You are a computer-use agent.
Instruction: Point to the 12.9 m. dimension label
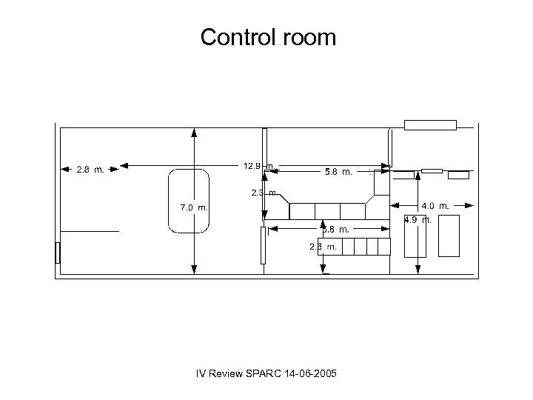[258, 166]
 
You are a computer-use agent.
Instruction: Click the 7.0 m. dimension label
[194, 207]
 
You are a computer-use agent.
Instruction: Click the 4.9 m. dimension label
[418, 220]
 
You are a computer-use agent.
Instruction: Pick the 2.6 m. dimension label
[324, 246]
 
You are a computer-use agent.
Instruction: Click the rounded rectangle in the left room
[190, 202]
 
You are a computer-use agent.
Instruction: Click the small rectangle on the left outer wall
[58, 253]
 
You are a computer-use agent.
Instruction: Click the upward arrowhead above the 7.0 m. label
[194, 133]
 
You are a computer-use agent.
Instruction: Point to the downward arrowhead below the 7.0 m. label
[194, 271]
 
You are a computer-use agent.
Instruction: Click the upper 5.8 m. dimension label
[338, 172]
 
